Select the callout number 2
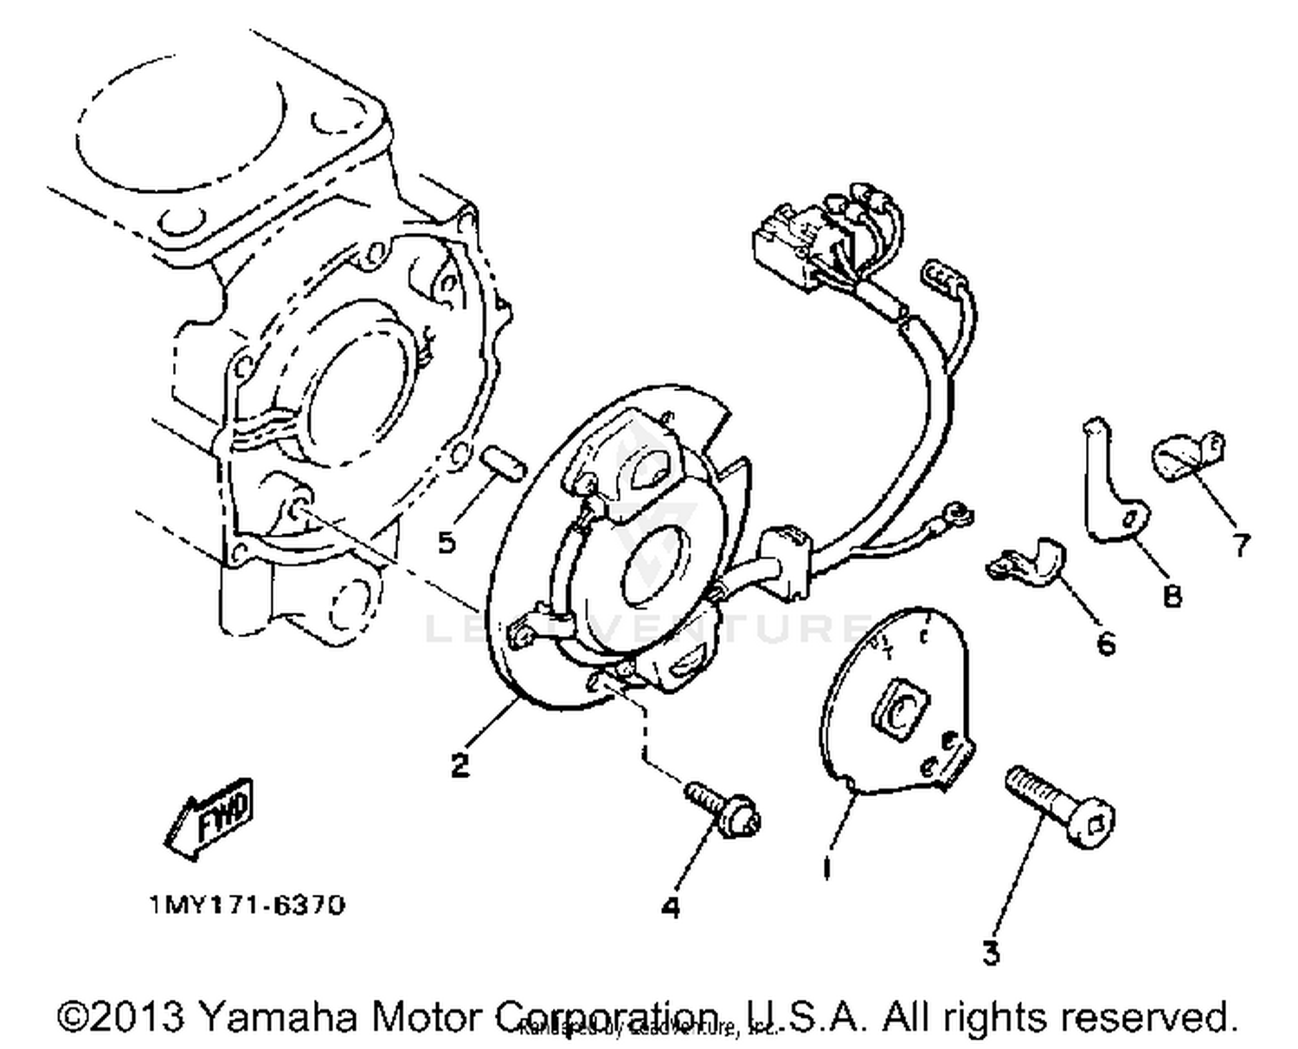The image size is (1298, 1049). coord(459,765)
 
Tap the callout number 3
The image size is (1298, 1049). coord(991,953)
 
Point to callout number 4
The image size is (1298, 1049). coord(671,907)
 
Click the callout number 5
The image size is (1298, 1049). coord(447,543)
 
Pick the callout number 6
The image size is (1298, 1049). coord(1106,643)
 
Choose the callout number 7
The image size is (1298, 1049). coord(1241,544)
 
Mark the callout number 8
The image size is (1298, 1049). coord(1172,595)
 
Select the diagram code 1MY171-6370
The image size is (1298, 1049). coord(247,905)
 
